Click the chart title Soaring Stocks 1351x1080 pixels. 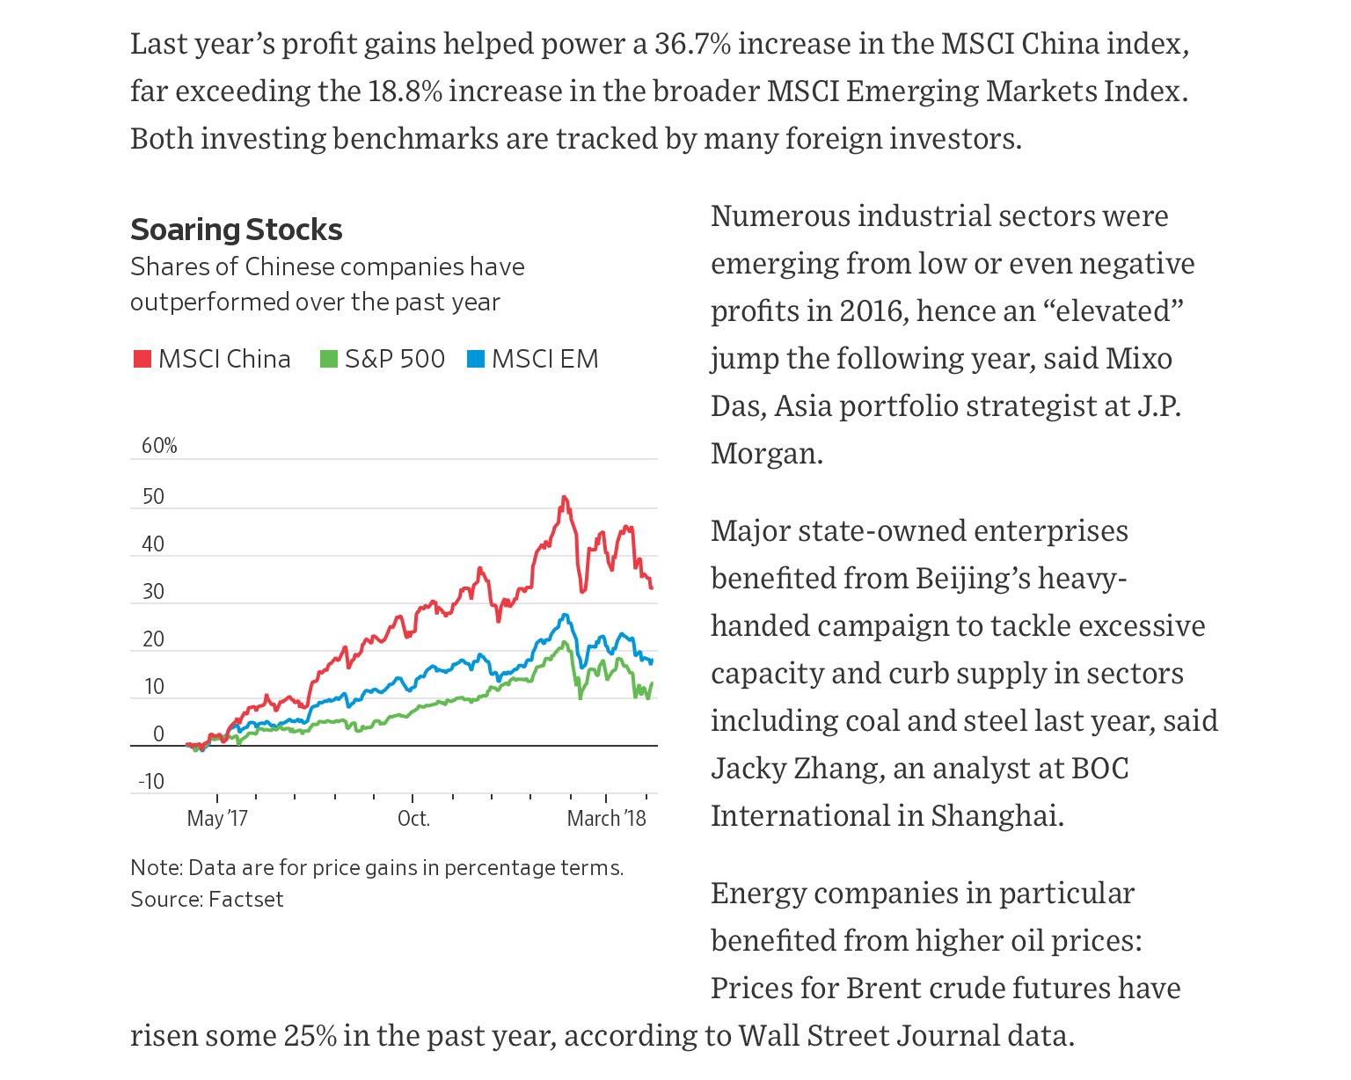pyautogui.click(x=236, y=230)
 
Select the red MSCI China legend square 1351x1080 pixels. pyautogui.click(x=142, y=360)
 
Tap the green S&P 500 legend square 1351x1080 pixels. pyautogui.click(x=328, y=360)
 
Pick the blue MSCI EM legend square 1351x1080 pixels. pyautogui.click(x=476, y=360)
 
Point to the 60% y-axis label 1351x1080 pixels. pyautogui.click(x=159, y=446)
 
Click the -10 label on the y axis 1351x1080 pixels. pyautogui.click(x=151, y=782)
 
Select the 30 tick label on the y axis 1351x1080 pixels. pyautogui.click(x=153, y=592)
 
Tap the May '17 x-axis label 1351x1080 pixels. pyautogui.click(x=217, y=819)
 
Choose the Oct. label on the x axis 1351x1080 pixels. pyautogui.click(x=413, y=819)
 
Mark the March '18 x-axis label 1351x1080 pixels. pyautogui.click(x=606, y=819)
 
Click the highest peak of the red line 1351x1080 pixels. pyautogui.click(x=564, y=498)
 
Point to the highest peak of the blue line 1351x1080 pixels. pyautogui.click(x=565, y=615)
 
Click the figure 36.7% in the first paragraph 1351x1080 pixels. pyautogui.click(x=692, y=43)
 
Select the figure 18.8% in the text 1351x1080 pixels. pyautogui.click(x=405, y=91)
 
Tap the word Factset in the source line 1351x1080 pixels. pyautogui.click(x=246, y=900)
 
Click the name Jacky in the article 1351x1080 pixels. pyautogui.click(x=752, y=769)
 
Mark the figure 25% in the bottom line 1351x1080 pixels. pyautogui.click(x=310, y=1036)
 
